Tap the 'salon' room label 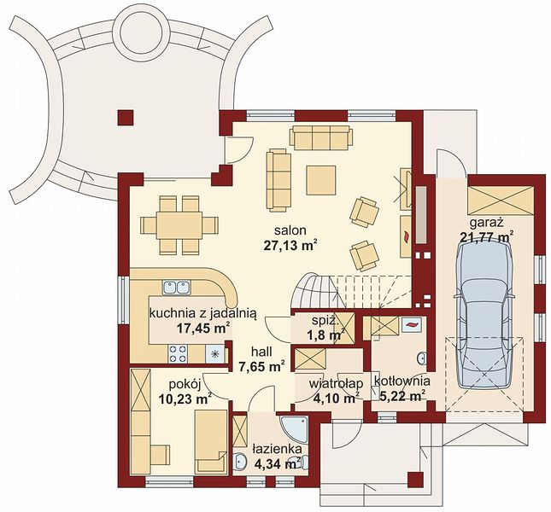(290, 230)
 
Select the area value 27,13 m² (291, 245)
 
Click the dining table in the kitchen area (179, 225)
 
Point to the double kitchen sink (176, 288)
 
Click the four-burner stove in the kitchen (178, 353)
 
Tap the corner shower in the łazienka (294, 430)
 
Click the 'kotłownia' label (402, 381)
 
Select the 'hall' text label (261, 352)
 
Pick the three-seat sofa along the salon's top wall (321, 137)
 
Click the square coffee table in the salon (321, 180)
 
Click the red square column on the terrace (126, 118)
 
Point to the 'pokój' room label (185, 385)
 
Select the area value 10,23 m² (185, 399)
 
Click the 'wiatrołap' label (336, 383)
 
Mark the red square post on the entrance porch (415, 480)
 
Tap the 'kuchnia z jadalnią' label (203, 313)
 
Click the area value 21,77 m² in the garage (486, 236)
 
